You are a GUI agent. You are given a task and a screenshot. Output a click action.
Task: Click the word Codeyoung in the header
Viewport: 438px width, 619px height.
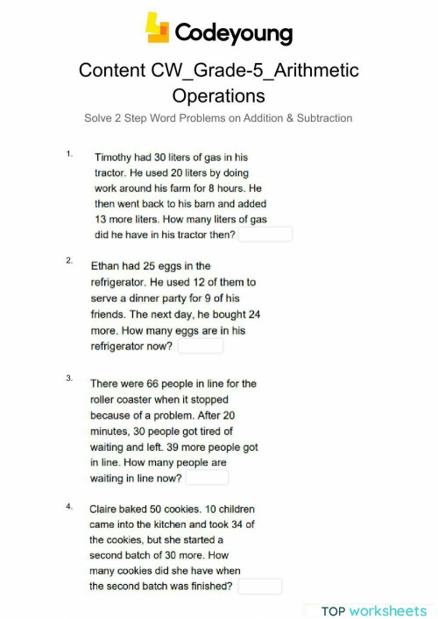pos(234,32)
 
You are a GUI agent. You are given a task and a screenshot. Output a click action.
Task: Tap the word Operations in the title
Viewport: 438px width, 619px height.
pos(218,95)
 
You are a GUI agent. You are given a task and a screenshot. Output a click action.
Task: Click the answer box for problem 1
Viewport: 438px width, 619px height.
pos(265,235)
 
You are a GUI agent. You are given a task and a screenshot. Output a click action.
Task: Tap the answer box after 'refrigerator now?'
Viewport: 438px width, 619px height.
pos(201,347)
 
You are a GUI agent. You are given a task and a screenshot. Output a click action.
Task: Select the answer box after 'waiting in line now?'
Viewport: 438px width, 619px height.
pos(208,478)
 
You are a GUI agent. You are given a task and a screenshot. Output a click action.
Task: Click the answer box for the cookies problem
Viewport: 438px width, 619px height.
pos(260,587)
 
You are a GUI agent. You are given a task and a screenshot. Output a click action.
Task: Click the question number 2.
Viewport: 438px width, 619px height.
pos(68,261)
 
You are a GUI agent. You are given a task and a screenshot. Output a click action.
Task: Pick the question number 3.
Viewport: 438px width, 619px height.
pos(68,378)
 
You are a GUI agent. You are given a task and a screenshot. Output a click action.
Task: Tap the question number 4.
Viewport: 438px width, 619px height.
pos(68,506)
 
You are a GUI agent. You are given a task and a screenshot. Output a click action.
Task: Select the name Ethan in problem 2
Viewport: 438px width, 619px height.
pos(109,265)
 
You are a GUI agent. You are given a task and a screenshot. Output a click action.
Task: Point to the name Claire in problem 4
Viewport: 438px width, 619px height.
pos(107,508)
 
